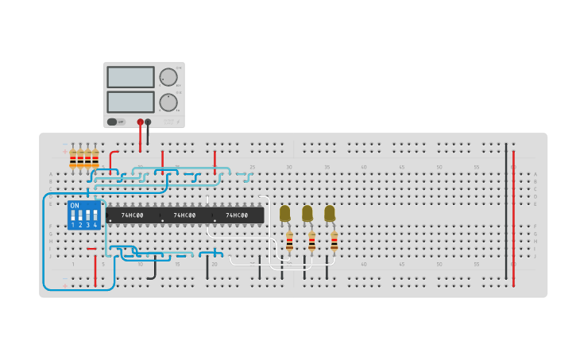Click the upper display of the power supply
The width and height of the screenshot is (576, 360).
130,77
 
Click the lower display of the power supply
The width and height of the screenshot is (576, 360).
130,102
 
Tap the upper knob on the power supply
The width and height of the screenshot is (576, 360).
168,77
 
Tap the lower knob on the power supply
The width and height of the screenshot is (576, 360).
168,103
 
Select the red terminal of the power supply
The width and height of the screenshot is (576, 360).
141,122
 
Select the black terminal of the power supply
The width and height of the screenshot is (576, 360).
148,122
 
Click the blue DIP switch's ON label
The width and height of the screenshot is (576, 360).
75,206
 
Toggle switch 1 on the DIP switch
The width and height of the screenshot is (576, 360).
73,215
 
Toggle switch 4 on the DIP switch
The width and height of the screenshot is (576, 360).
95,215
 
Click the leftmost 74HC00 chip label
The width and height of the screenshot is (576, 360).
132,215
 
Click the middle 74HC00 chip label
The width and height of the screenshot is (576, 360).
184,215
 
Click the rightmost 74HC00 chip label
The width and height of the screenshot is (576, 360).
237,215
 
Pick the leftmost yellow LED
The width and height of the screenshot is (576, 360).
284,212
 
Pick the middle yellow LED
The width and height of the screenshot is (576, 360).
307,212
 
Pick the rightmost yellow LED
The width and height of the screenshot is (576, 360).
329,212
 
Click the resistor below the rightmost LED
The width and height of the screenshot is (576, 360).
334,240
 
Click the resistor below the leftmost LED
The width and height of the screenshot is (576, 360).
289,240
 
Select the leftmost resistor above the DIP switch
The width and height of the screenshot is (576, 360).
73,159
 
